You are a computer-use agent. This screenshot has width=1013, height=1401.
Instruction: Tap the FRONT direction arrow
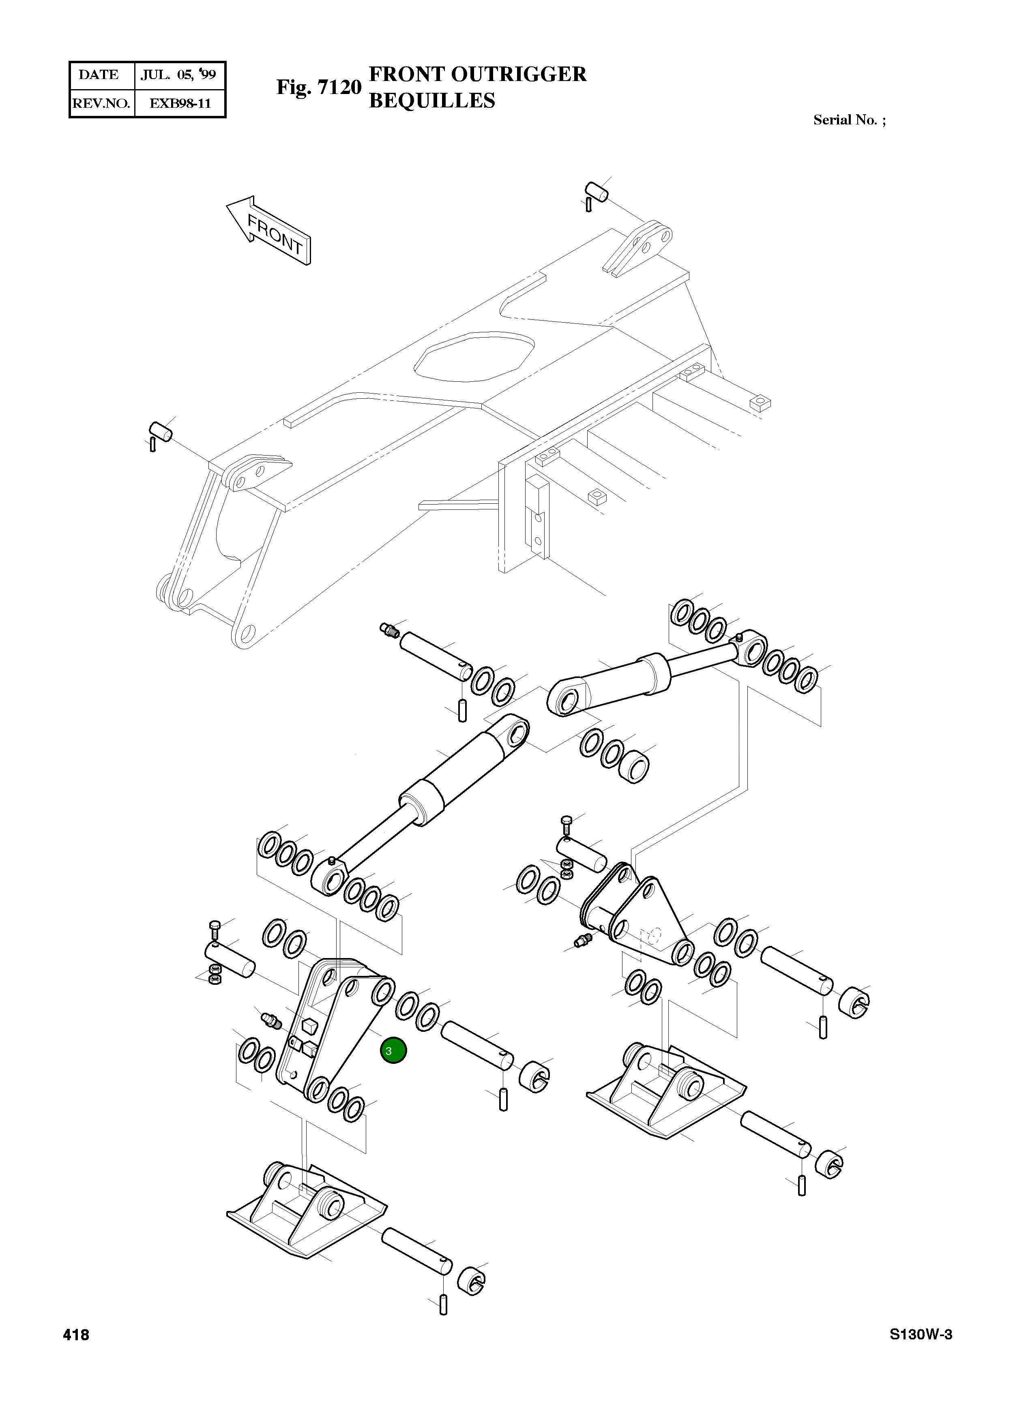tap(270, 231)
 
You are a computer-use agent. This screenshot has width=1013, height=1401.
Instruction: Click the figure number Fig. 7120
tap(318, 87)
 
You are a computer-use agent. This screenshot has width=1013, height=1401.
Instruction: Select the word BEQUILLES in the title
tap(431, 101)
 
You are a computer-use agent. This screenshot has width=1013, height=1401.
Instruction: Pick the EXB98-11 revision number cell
tap(180, 104)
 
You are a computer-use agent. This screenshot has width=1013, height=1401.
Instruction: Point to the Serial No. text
tap(849, 120)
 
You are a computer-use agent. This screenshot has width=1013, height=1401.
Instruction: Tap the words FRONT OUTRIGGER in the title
tap(477, 74)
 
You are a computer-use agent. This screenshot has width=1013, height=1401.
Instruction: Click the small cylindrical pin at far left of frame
tap(161, 430)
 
